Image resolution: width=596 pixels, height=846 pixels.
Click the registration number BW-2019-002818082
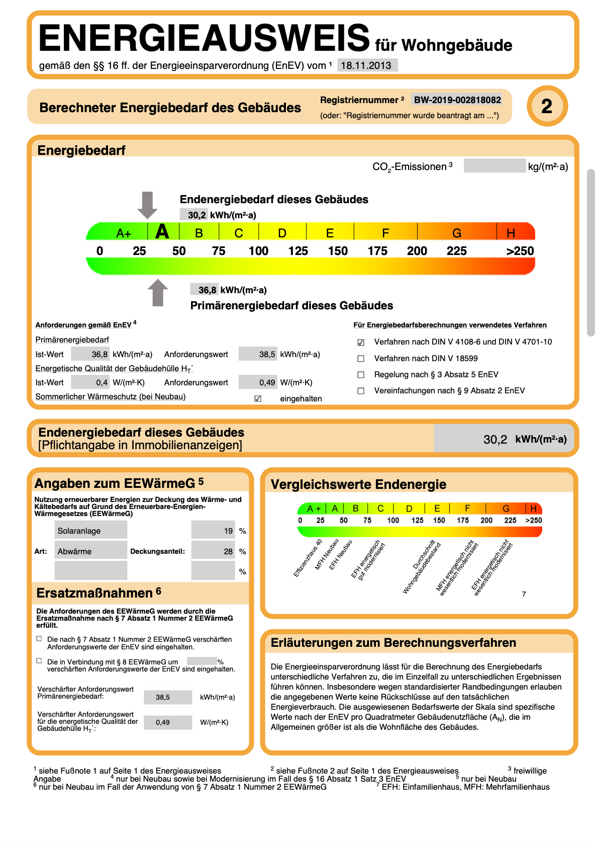(457, 100)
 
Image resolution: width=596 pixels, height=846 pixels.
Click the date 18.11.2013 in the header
(366, 65)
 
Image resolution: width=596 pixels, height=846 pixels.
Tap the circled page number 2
(547, 106)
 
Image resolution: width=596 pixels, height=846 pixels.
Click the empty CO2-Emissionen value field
(494, 166)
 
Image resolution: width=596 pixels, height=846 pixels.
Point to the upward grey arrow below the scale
(158, 293)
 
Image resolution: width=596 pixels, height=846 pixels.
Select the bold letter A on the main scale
(162, 232)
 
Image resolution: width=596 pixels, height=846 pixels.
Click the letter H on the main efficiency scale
(511, 233)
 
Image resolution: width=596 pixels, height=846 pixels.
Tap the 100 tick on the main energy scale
(258, 251)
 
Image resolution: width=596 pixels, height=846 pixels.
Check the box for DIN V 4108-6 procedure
(361, 343)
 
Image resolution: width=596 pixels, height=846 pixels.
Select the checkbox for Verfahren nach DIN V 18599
(361, 359)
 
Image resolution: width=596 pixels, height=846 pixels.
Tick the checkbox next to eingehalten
(258, 399)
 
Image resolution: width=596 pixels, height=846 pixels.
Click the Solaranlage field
(90, 531)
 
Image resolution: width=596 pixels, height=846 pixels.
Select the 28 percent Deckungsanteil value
(214, 551)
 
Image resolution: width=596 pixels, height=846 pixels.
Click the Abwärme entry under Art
(90, 551)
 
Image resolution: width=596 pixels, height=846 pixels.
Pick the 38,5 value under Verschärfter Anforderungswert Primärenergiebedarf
(168, 697)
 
